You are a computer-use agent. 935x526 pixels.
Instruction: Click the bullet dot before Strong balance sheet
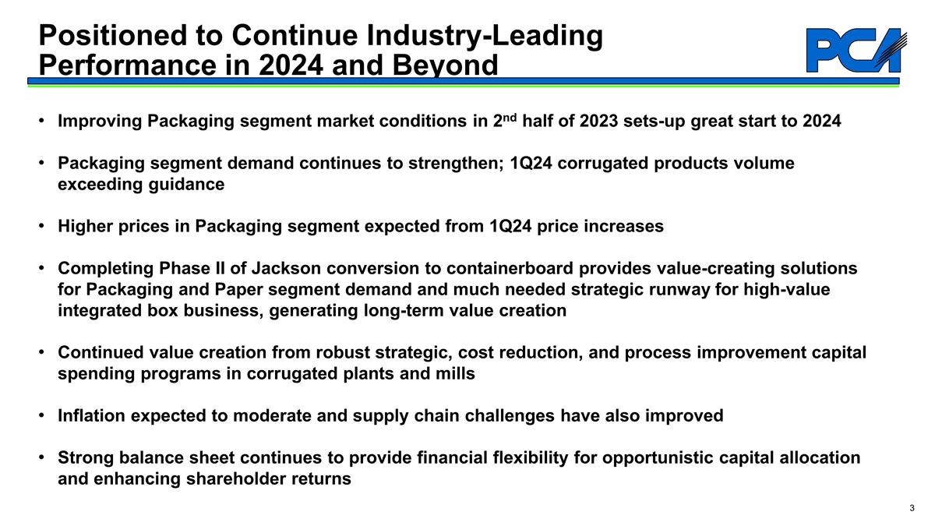[41, 457]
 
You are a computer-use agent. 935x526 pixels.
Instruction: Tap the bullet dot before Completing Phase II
[41, 269]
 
